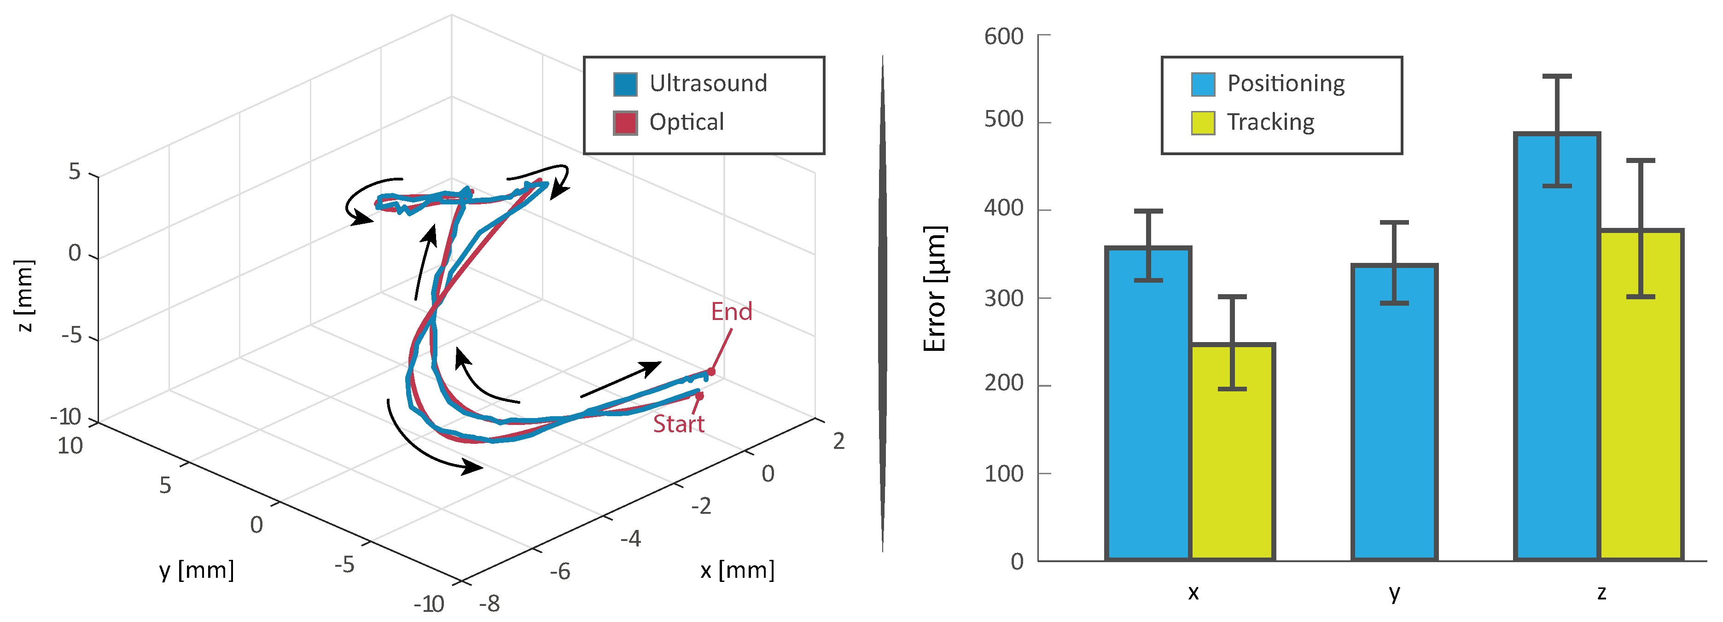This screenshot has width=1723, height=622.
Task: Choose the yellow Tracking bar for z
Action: pos(1641,395)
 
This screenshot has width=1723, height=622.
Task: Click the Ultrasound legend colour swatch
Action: pos(625,84)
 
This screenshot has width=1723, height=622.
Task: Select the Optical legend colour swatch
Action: pos(625,123)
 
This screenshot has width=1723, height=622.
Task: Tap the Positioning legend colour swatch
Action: pos(1203,84)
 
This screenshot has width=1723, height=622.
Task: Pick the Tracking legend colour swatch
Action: pos(1203,123)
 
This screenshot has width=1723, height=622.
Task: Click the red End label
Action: pos(731,312)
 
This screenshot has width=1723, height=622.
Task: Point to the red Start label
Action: pos(678,424)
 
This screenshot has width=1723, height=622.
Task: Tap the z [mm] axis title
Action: pos(24,296)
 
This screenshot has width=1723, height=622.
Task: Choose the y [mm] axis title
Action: pos(197,570)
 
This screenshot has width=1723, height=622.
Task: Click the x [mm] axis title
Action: pos(737,570)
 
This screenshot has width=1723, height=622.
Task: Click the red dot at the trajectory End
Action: pos(711,371)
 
